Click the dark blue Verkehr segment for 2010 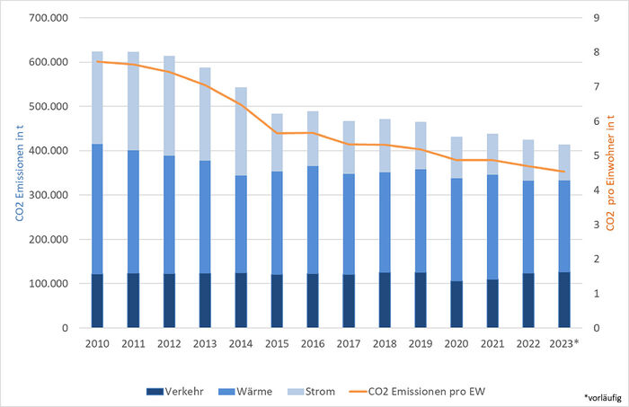tap(97, 301)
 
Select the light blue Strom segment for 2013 tap(205, 114)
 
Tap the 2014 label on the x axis tap(241, 343)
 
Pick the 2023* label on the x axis tap(564, 343)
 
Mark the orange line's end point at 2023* tap(564, 172)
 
